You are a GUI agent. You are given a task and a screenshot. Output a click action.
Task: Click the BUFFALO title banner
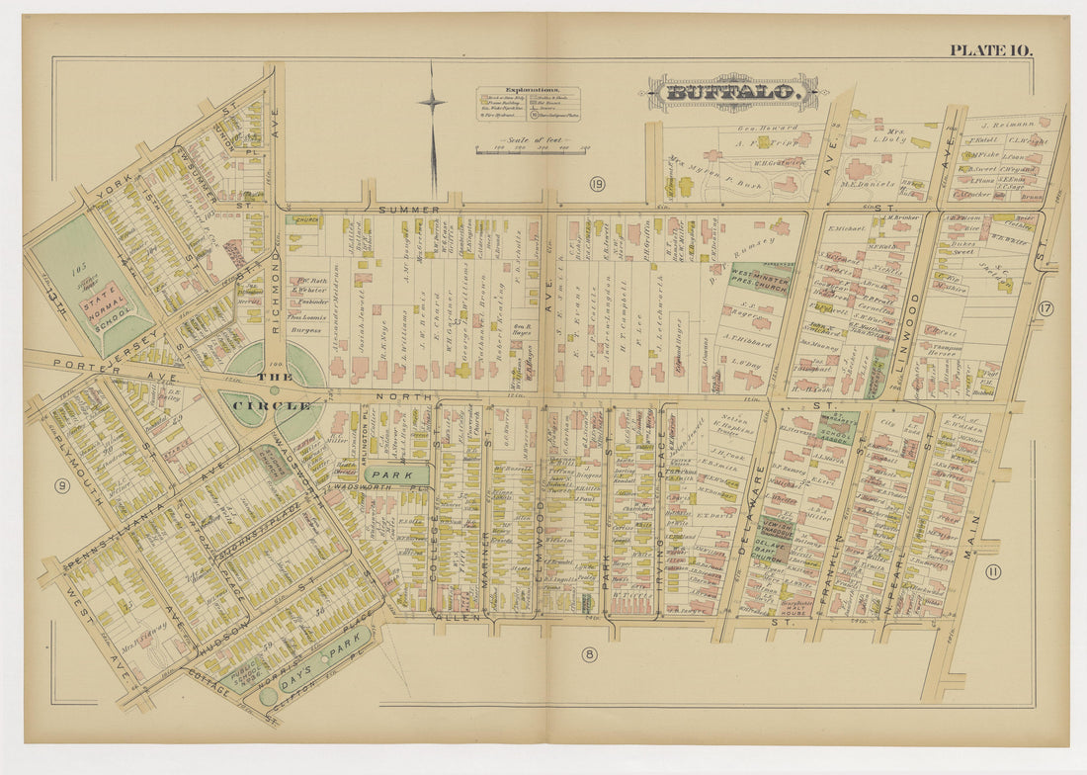point(732,93)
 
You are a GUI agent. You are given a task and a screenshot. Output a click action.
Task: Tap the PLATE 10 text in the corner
point(991,49)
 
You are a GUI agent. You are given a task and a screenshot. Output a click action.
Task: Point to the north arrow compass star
point(431,101)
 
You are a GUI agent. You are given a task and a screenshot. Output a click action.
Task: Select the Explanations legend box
point(528,104)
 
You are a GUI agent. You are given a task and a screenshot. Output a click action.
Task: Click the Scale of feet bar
point(530,149)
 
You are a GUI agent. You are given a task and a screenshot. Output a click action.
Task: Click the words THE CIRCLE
point(272,390)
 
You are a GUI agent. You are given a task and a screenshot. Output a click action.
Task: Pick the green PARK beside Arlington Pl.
point(395,474)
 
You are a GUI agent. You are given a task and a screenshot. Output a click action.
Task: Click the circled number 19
point(597,184)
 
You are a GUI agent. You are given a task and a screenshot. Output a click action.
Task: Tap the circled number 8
point(589,653)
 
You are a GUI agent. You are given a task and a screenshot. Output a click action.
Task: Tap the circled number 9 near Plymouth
point(61,485)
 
